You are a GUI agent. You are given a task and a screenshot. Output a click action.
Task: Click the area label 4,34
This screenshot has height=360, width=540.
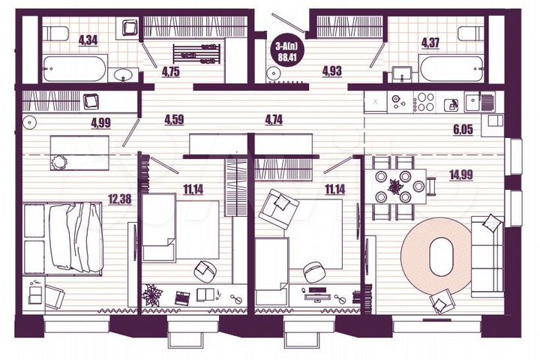88,40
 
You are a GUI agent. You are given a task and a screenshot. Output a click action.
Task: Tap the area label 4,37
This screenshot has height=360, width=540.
430,43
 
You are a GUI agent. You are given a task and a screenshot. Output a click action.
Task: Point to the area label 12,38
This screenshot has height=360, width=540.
119,199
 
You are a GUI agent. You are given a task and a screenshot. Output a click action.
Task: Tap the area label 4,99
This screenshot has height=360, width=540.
103,124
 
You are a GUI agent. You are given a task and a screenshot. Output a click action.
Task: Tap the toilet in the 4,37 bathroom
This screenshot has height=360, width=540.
469,34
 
